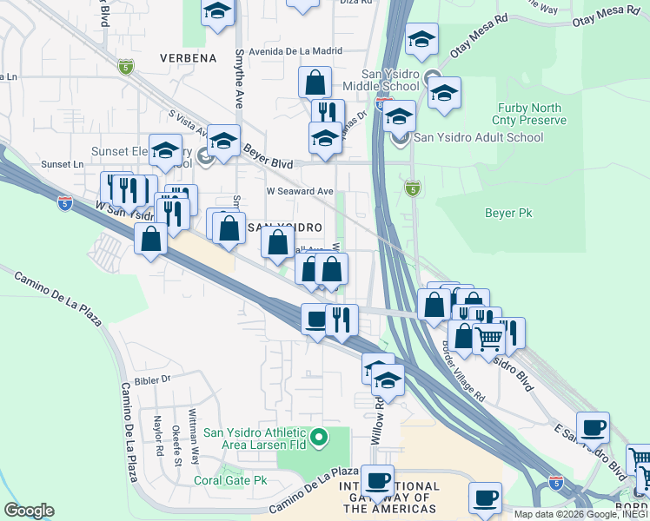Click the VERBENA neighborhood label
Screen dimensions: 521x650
pyautogui.click(x=188, y=58)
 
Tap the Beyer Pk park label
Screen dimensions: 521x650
pyautogui.click(x=508, y=212)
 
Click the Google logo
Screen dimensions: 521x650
pyautogui.click(x=29, y=510)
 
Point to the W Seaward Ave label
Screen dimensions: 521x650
pyautogui.click(x=300, y=191)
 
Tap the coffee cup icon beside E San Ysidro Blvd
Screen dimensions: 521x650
pyautogui.click(x=593, y=428)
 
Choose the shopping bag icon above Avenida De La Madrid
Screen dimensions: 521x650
pyautogui.click(x=315, y=83)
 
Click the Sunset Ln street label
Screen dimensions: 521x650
pyautogui.click(x=66, y=163)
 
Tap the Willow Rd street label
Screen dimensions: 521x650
pyautogui.click(x=378, y=422)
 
